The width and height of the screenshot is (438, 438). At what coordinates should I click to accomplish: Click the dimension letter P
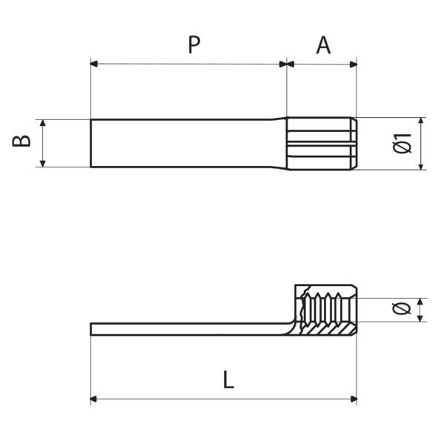tap(193, 45)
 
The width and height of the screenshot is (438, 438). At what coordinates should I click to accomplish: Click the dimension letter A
tap(323, 45)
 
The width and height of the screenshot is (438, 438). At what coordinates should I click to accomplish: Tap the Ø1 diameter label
tap(403, 143)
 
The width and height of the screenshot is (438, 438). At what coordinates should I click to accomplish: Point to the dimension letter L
tap(228, 380)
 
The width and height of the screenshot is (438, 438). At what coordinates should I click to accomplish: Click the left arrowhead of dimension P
tap(95, 64)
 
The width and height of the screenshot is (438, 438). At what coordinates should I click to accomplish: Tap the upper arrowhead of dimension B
tap(44, 123)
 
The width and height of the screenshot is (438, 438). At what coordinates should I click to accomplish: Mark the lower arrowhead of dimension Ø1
tap(421, 165)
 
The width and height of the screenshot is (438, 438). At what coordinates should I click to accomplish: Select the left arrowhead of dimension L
tap(95, 399)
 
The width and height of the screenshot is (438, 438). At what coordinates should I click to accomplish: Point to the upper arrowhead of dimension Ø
tap(421, 301)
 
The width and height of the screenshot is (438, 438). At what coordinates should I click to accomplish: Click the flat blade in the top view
tap(185, 142)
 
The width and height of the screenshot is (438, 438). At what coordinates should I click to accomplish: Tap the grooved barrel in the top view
tap(323, 142)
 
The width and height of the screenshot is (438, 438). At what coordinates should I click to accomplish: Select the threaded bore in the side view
tap(326, 311)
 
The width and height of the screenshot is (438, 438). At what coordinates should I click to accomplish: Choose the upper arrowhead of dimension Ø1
tap(421, 122)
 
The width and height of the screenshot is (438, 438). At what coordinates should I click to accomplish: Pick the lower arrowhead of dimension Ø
tap(421, 319)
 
